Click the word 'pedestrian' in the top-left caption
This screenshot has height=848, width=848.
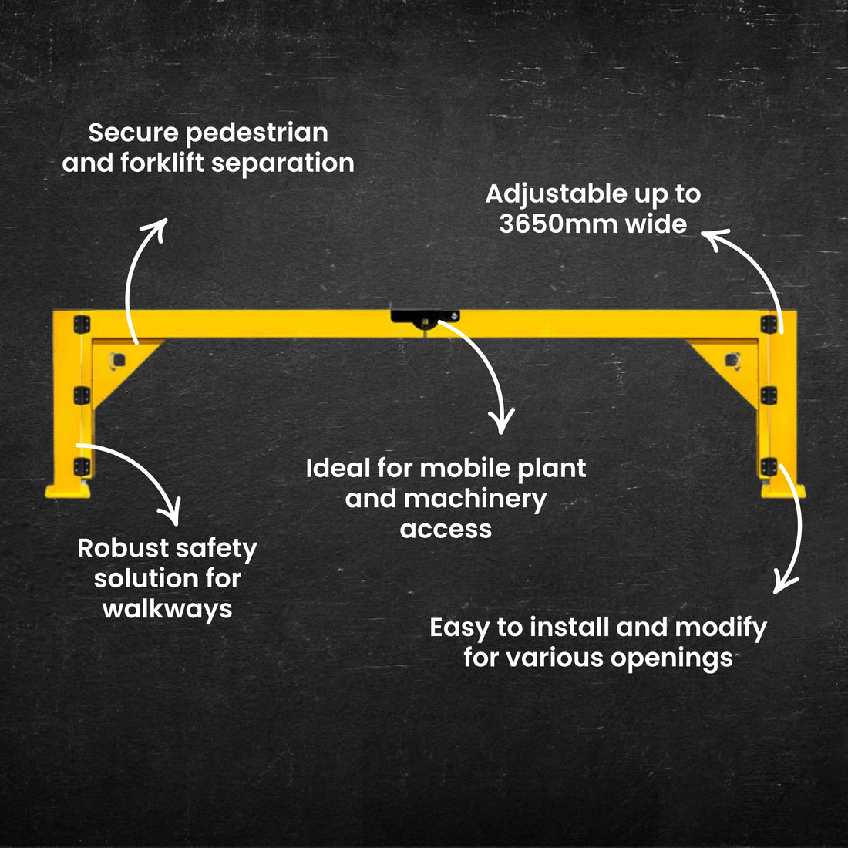(257, 133)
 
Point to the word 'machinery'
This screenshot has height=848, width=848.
(474, 500)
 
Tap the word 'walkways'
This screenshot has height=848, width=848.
(167, 609)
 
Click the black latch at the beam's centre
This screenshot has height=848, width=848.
(424, 317)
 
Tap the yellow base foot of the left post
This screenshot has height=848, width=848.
(69, 490)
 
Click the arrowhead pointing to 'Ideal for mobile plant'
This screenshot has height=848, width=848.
(502, 422)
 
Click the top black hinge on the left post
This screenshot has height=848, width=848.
(81, 324)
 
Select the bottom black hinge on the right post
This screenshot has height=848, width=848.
(768, 466)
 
